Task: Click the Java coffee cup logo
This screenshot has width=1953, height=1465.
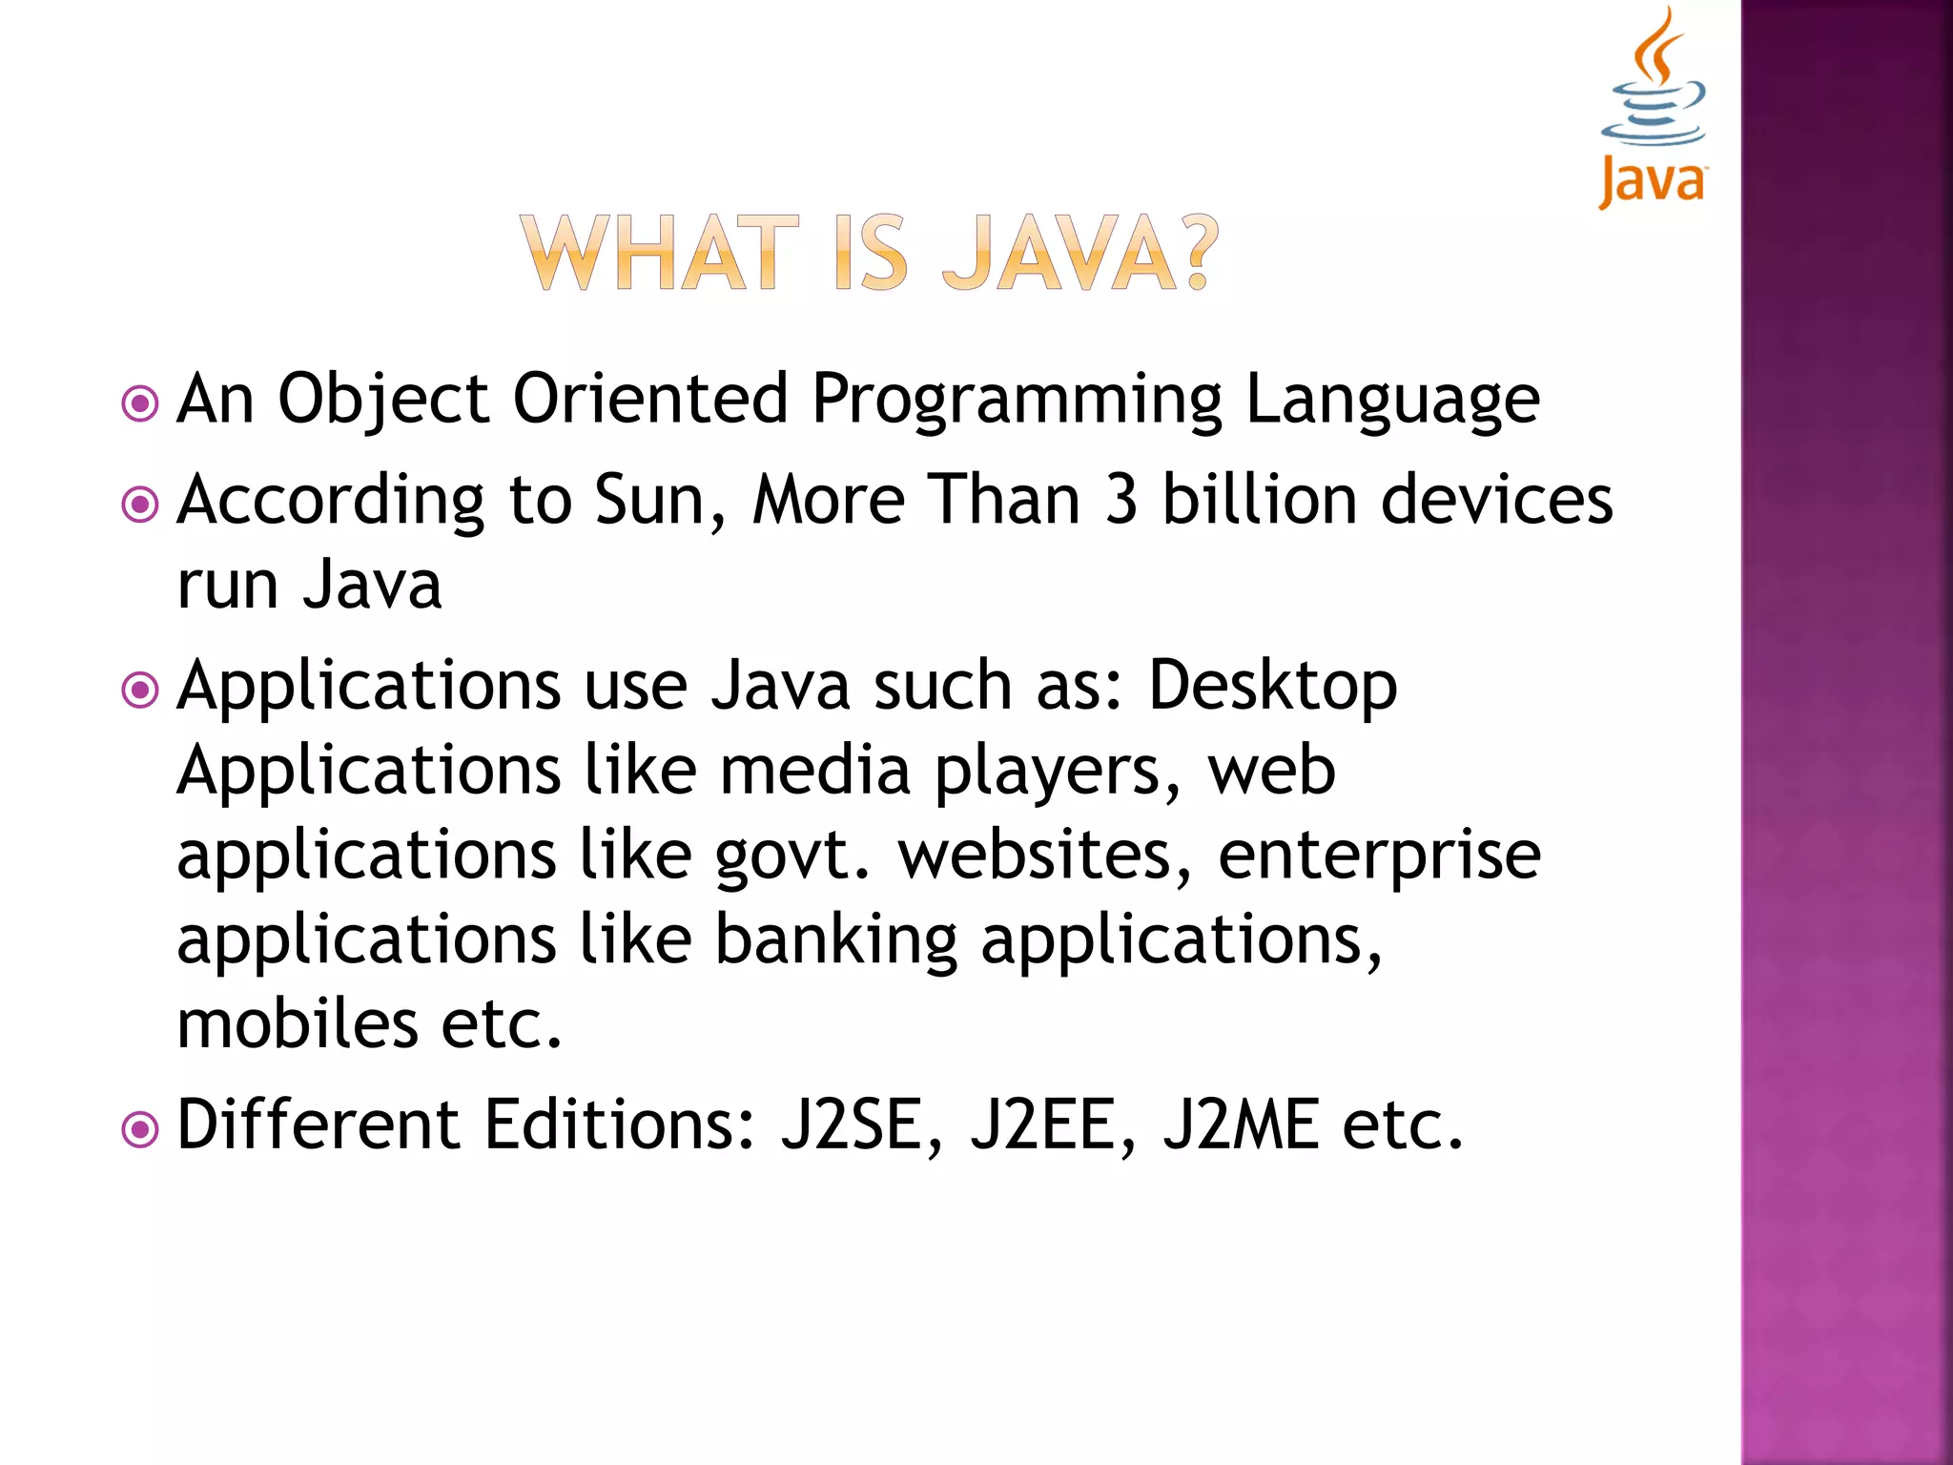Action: click(x=1654, y=105)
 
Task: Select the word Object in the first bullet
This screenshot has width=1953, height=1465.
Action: click(x=383, y=399)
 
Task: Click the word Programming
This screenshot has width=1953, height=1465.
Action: click(x=1017, y=399)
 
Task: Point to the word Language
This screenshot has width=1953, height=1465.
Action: click(x=1392, y=399)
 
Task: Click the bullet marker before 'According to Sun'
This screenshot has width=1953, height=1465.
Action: click(x=140, y=503)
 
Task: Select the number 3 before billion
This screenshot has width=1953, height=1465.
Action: click(x=1121, y=500)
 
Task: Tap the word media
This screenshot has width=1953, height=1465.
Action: click(x=815, y=771)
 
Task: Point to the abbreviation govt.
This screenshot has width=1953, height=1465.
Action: click(x=792, y=856)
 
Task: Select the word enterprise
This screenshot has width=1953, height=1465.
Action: click(x=1379, y=856)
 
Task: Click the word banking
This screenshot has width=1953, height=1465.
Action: click(x=836, y=940)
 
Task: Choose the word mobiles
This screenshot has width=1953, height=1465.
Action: click(x=298, y=1024)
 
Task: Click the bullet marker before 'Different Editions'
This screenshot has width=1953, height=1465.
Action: click(x=140, y=1130)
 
